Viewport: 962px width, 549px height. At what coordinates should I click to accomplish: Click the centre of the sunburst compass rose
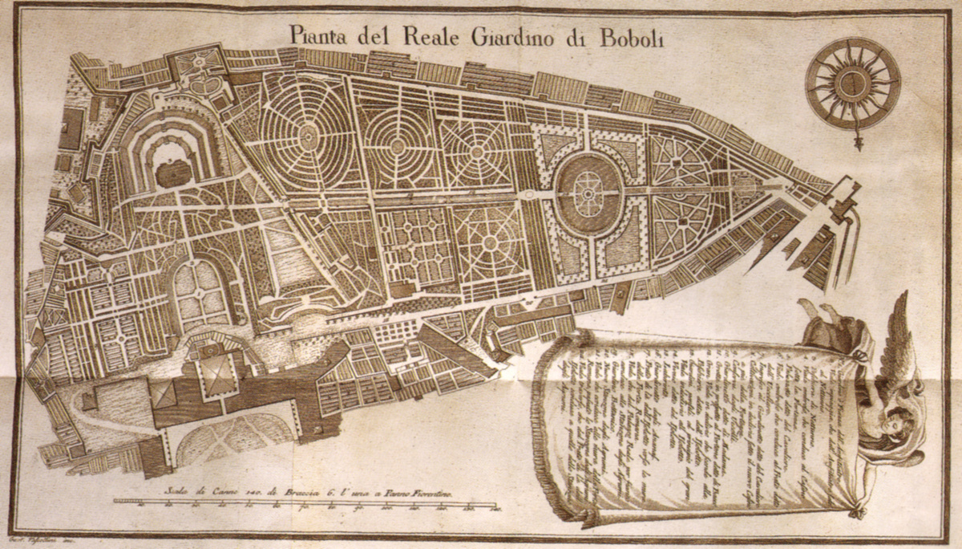click(x=853, y=83)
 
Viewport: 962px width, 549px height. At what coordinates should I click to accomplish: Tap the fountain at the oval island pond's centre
click(x=588, y=193)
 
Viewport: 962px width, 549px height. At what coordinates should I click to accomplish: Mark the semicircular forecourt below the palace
click(x=232, y=437)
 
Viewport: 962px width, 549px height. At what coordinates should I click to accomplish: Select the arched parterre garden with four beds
click(x=195, y=293)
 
